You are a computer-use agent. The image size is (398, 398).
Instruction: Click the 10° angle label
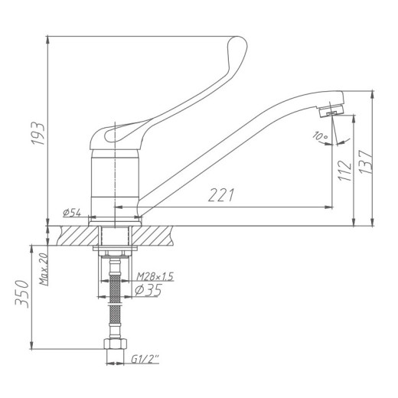tap(319, 137)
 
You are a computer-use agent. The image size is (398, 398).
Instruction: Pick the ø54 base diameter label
tap(72, 211)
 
